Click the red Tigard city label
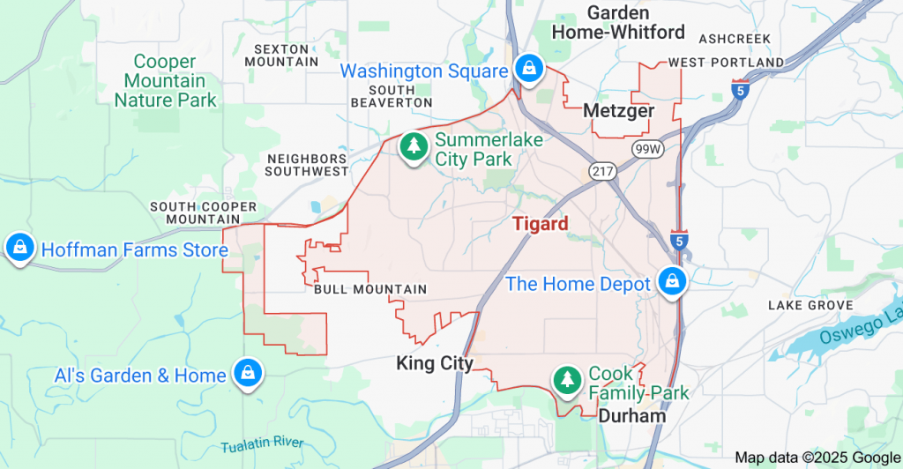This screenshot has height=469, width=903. click(541, 223)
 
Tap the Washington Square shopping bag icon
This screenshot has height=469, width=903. click(528, 68)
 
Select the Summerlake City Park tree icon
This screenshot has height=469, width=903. click(413, 146)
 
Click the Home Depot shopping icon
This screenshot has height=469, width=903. click(672, 282)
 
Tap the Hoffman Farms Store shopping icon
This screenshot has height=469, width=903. click(19, 249)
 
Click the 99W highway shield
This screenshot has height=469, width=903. click(648, 150)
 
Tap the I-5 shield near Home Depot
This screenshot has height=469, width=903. click(676, 240)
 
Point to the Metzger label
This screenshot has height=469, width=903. click(619, 111)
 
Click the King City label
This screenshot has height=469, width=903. click(435, 363)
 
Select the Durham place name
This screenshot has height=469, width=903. click(631, 415)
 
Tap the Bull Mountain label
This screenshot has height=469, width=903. click(369, 289)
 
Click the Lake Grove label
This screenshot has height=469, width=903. click(810, 305)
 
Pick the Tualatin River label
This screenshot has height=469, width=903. click(262, 444)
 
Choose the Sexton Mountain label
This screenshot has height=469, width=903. click(280, 56)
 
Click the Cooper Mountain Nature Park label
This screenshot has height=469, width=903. click(165, 80)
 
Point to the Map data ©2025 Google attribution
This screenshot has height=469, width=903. click(817, 457)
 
